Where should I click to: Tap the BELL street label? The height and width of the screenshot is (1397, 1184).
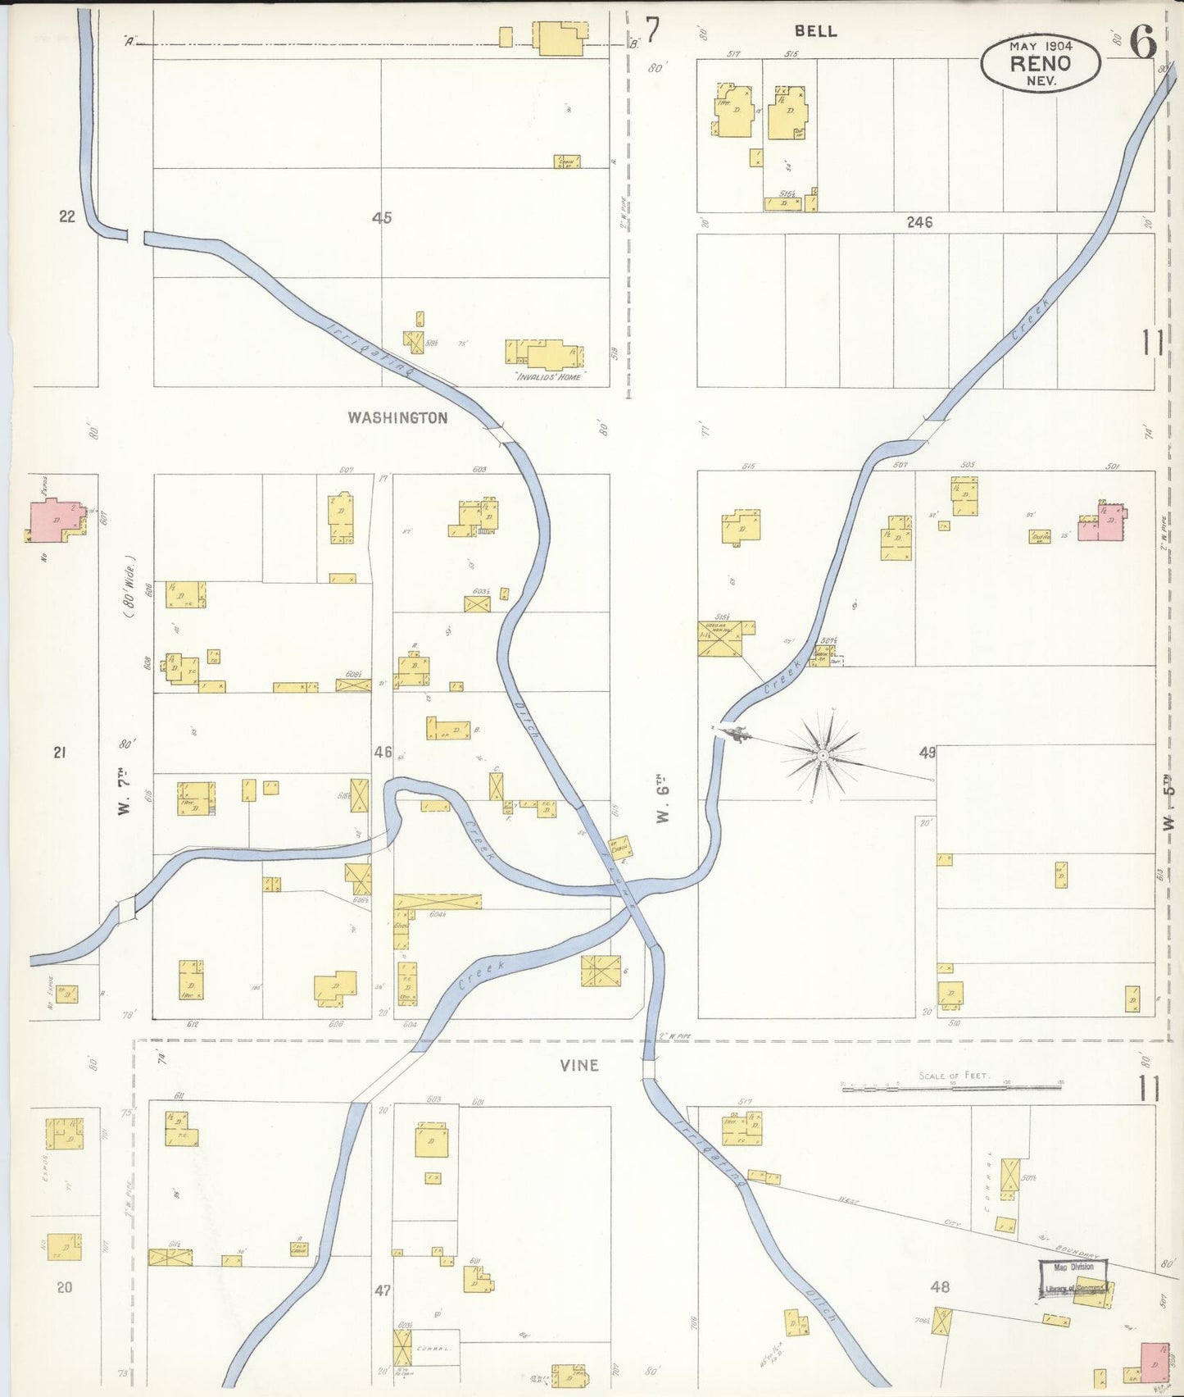[815, 31]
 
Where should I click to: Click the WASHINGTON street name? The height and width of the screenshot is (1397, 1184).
[397, 418]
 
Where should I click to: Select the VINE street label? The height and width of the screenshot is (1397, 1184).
[579, 1065]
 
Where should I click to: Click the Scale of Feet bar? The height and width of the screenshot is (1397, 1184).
[952, 1088]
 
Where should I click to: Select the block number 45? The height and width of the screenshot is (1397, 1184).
[382, 218]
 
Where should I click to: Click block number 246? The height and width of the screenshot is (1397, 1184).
[919, 222]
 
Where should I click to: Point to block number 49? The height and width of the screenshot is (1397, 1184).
[928, 753]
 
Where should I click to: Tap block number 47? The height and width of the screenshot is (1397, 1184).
[383, 1290]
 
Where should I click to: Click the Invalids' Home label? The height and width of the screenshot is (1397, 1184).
[547, 377]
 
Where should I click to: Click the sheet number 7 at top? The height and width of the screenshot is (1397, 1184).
[651, 31]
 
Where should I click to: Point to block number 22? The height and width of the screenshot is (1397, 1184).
[67, 216]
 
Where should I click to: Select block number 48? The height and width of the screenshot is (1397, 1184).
[940, 1288]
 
